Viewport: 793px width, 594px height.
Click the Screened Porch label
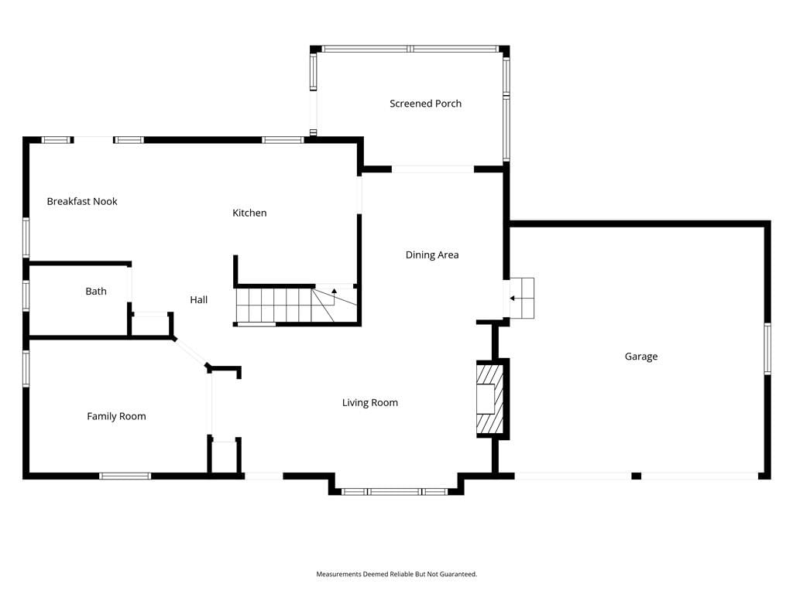(x=425, y=104)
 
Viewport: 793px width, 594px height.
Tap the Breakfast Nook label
(x=82, y=202)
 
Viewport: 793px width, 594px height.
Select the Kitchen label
(x=249, y=213)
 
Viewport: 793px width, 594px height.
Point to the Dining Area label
(x=432, y=255)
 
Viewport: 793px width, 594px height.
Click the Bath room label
(x=96, y=292)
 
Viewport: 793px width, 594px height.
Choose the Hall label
(x=199, y=300)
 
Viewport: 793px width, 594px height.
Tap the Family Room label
(x=116, y=417)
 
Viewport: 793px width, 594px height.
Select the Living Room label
(x=369, y=403)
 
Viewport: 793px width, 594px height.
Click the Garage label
(x=640, y=357)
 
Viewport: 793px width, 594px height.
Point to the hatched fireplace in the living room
(x=490, y=399)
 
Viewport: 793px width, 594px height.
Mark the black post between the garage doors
(x=637, y=476)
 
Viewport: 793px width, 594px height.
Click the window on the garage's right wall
(x=767, y=349)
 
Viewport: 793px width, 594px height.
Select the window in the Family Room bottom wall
(x=125, y=476)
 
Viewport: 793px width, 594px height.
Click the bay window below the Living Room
(x=394, y=491)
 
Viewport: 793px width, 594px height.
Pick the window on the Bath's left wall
(x=26, y=295)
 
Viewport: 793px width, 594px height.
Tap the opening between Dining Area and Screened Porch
(x=432, y=169)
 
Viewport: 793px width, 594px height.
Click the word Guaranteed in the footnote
(x=458, y=575)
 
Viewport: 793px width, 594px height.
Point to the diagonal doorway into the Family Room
(x=191, y=352)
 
